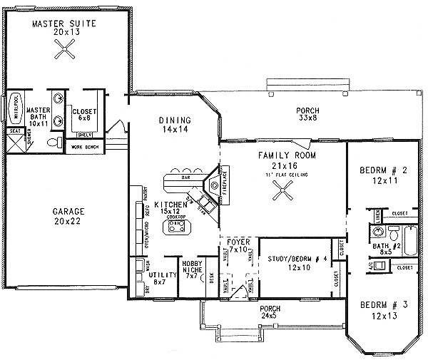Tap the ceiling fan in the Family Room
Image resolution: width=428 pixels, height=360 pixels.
pos(283,189)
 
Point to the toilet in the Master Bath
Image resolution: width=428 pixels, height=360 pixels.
pos(52,143)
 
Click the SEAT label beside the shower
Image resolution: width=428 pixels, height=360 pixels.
pos(14,132)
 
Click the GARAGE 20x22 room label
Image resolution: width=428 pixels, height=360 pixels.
pos(68,216)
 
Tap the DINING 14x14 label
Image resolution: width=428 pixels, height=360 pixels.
pos(174,124)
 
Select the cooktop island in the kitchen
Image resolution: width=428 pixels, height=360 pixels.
pos(176,227)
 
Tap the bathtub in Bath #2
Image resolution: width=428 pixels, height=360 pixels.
pos(409,235)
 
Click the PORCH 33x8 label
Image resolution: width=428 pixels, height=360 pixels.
pos(307,114)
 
